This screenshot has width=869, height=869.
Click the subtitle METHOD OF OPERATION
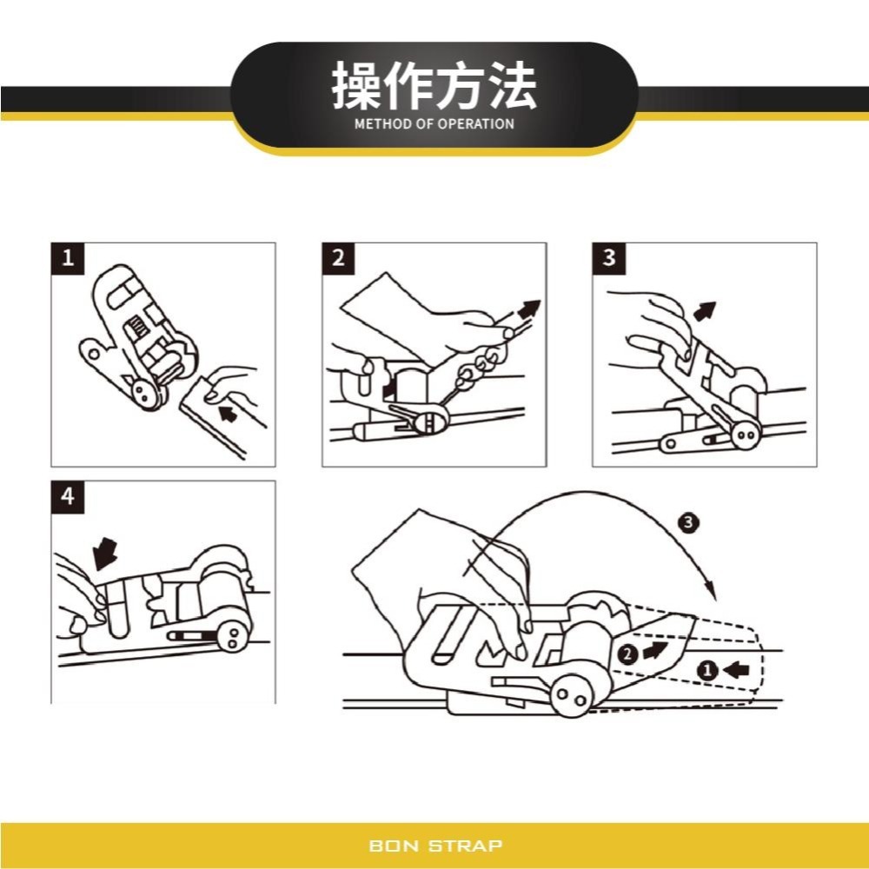[x=434, y=124]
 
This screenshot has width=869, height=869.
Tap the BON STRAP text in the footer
[x=435, y=845]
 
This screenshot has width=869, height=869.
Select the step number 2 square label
[x=339, y=258]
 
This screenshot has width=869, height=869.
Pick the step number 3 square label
[x=609, y=258]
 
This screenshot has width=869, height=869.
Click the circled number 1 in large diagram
[x=706, y=669]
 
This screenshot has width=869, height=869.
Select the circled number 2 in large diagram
[x=627, y=654]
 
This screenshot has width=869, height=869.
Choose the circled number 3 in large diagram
[x=688, y=522]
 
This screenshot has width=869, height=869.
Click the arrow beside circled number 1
[x=735, y=669]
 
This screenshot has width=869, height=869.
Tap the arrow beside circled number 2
[x=656, y=649]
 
